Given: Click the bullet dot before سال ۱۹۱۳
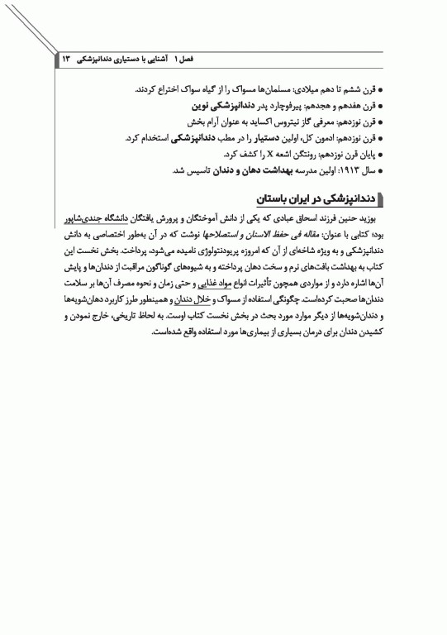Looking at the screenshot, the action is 392,170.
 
